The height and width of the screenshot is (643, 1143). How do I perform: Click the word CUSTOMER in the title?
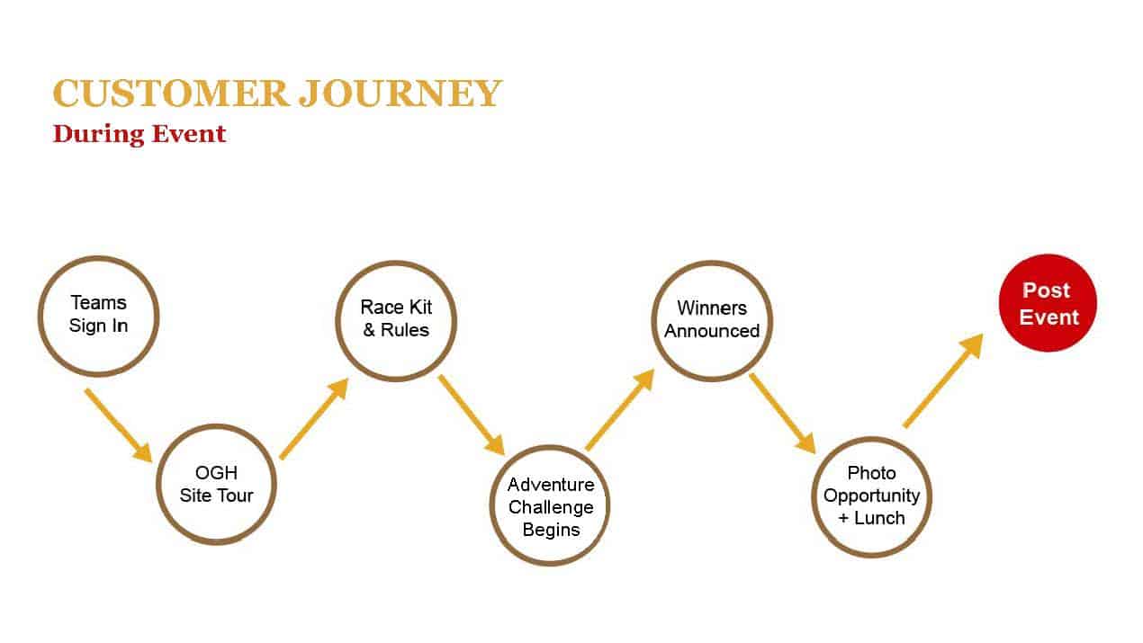[x=171, y=94]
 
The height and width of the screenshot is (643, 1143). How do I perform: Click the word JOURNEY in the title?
[x=400, y=94]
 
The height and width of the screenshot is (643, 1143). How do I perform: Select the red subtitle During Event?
[x=139, y=135]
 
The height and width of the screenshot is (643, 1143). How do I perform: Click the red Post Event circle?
[x=1048, y=303]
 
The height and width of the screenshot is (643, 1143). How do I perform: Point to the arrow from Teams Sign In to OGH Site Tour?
[x=119, y=425]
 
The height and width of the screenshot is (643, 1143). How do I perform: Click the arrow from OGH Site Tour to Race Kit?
[x=314, y=418]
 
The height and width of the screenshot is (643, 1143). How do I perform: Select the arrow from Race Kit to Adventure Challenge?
[x=472, y=415]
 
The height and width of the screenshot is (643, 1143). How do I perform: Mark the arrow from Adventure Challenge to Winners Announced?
[x=620, y=410]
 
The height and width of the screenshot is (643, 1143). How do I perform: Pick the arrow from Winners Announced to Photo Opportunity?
[x=782, y=414]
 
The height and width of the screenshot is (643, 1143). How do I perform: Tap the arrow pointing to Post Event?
[x=943, y=380]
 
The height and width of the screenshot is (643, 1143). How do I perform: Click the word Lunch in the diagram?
[x=879, y=518]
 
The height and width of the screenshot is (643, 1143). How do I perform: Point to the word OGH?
[x=216, y=473]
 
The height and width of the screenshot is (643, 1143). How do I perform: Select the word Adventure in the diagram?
[x=551, y=485]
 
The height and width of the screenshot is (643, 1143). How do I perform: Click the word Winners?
[x=712, y=308]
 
